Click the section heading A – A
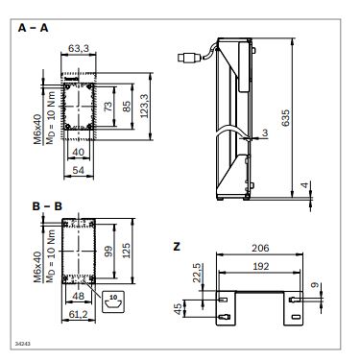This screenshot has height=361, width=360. coord(33,28)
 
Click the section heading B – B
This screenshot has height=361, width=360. coord(47,206)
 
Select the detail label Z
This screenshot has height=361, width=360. coord(177,247)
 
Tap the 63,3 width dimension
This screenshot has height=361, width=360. coord(79,49)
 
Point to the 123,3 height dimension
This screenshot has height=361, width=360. coord(145,106)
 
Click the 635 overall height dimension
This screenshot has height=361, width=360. coord(285,118)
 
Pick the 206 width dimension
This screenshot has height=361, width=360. coord(260,248)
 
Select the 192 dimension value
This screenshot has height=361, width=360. coord(260,266)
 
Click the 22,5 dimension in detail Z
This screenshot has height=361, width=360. coord(198,273)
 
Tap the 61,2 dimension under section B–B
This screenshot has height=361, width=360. coord(79,314)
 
